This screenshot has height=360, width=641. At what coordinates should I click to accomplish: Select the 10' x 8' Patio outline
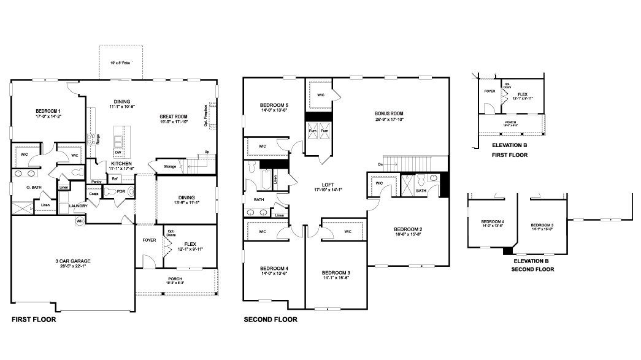(x=121, y=62)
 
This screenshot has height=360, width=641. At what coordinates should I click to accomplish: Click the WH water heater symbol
(x=80, y=221)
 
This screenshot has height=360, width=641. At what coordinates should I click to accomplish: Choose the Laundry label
(x=78, y=205)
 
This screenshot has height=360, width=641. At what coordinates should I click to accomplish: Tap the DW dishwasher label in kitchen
(x=118, y=152)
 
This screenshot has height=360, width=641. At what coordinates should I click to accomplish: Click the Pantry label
(x=96, y=182)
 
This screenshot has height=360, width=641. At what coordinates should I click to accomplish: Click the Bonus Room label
(x=389, y=113)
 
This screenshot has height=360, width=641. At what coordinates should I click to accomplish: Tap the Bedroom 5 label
(x=274, y=105)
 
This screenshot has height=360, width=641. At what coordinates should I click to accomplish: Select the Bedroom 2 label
(x=407, y=229)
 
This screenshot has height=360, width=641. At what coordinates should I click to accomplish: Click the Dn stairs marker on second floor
(x=380, y=164)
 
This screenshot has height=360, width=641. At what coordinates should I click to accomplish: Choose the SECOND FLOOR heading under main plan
(x=271, y=320)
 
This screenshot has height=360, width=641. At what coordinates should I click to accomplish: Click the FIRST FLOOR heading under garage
(x=34, y=320)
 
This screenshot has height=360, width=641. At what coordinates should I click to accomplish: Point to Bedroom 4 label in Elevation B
(x=493, y=221)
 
